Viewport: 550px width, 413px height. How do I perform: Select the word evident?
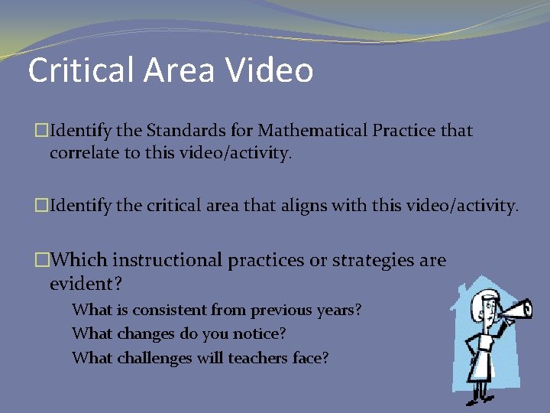pos(86,284)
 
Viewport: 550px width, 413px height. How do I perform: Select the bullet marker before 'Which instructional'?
pos(43,260)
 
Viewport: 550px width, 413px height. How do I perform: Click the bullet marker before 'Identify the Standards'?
pos(43,131)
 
